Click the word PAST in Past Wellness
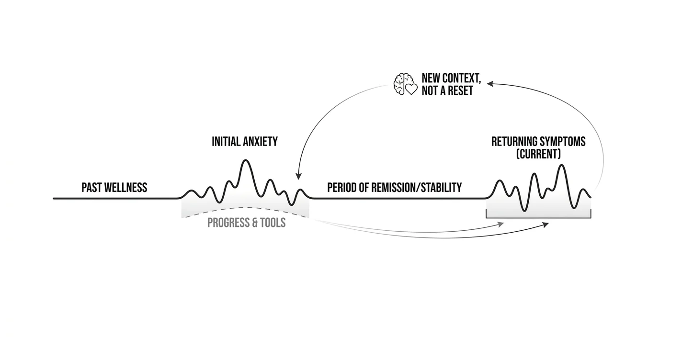point(91,188)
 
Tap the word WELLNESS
point(125,188)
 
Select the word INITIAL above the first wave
point(225,142)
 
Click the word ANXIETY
point(260,142)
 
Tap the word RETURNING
point(513,142)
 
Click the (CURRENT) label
point(539,154)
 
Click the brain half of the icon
point(399,84)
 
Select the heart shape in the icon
point(411,90)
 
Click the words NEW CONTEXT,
point(451,79)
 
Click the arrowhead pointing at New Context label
point(490,83)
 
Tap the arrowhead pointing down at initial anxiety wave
point(298,176)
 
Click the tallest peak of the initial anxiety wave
point(245,160)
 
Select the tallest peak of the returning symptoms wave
point(561,165)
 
